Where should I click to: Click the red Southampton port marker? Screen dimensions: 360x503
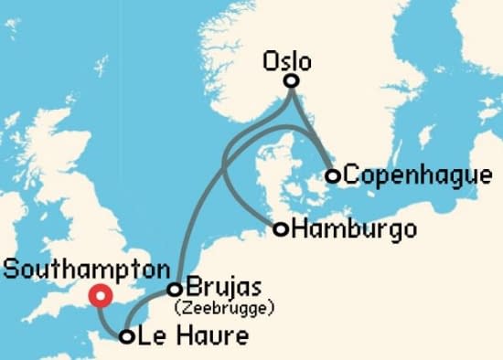pos(99,296)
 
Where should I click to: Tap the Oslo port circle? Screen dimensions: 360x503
pos(291,81)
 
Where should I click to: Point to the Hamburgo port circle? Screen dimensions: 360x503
pos(281,228)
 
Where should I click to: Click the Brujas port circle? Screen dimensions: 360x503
pos(174,290)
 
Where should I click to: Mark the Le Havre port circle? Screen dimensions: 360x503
pos(127,337)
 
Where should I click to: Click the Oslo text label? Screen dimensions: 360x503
pos(286,62)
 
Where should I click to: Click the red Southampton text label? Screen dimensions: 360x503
pos(86,270)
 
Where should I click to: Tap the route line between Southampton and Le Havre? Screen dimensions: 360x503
pos(109,322)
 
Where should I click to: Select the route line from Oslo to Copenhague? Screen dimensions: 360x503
pos(314,128)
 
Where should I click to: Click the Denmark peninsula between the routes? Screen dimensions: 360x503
pos(265,174)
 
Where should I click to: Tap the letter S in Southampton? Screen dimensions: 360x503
pos(10,270)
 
